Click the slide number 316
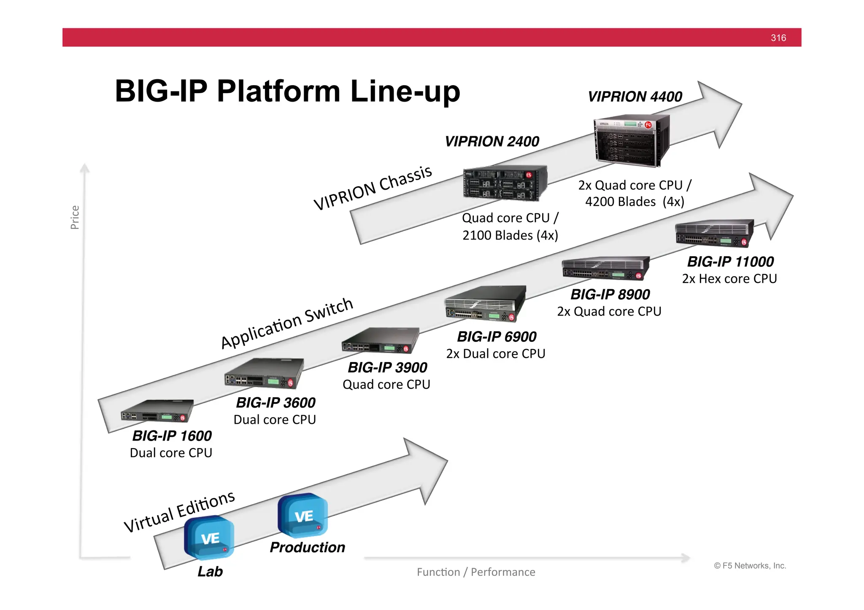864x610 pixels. click(x=778, y=38)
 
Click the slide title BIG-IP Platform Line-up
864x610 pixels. click(x=287, y=91)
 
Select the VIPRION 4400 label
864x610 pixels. click(x=634, y=97)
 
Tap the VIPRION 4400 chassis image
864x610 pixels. click(x=632, y=141)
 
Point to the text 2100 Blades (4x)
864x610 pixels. click(x=510, y=235)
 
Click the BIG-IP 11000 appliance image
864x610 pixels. click(x=714, y=233)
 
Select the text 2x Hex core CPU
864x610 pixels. click(x=729, y=279)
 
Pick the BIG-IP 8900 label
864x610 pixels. click(x=610, y=294)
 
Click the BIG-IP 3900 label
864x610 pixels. click(x=387, y=368)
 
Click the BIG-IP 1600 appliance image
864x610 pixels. click(x=157, y=411)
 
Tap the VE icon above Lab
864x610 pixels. click(x=209, y=537)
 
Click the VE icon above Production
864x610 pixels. click(x=302, y=516)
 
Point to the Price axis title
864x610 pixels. click(x=75, y=218)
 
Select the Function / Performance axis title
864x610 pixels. click(x=476, y=572)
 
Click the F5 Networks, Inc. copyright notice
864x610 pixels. click(x=750, y=566)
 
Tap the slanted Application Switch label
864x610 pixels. click(x=286, y=323)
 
